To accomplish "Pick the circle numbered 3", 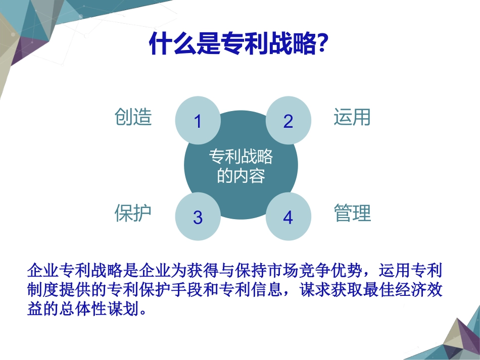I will point(198,217).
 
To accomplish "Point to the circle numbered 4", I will point(288,217).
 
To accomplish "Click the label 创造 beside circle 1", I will point(133,117).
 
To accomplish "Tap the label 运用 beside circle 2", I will point(352,117).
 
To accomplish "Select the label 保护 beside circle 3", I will point(133,213).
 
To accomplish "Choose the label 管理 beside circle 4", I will point(352,213).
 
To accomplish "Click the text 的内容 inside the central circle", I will point(241,176).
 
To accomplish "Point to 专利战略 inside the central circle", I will point(241,157).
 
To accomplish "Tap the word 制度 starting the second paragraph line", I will point(42,290).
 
